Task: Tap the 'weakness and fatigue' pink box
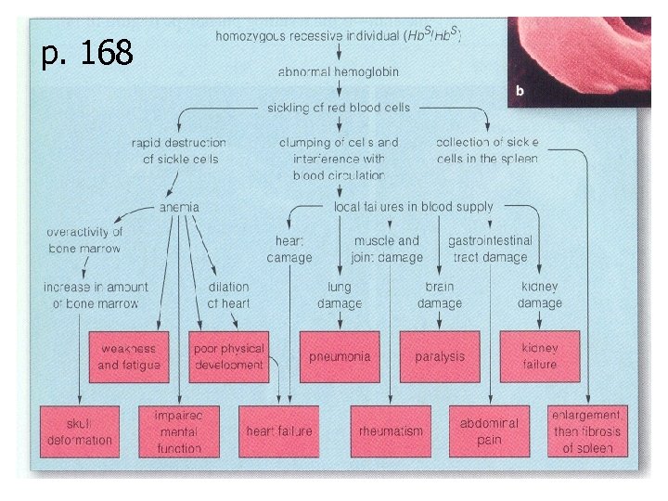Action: [x=129, y=357]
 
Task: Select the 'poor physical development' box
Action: [x=228, y=357]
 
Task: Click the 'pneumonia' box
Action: [x=340, y=357]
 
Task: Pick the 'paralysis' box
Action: [x=440, y=357]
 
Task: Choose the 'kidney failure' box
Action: [x=540, y=357]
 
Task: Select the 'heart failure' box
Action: [x=278, y=431]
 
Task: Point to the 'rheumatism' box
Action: [x=392, y=431]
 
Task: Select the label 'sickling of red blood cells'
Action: [x=339, y=107]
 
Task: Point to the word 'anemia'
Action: [x=179, y=207]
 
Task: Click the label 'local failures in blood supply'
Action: [x=414, y=207]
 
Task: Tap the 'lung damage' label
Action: [x=340, y=296]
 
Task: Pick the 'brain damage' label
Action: [x=440, y=296]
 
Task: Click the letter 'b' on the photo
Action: [x=520, y=91]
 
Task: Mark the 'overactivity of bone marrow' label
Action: [x=84, y=239]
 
